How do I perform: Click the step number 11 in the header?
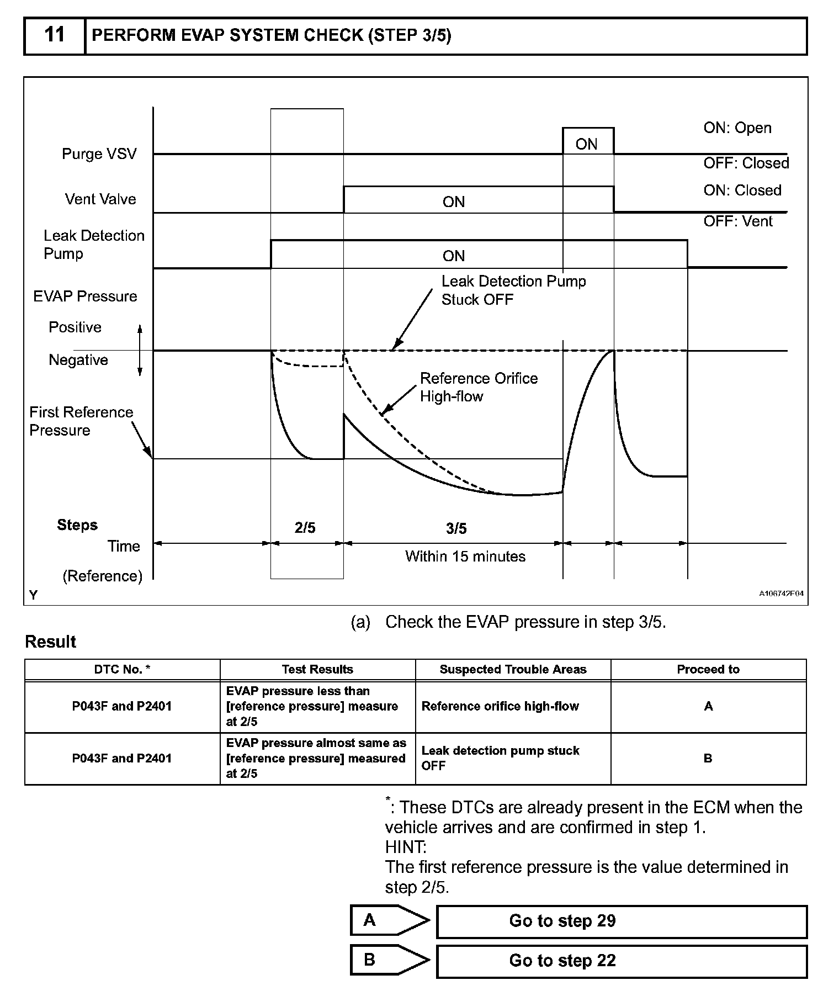[x=54, y=35]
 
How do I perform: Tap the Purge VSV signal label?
[x=99, y=153]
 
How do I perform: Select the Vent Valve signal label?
[x=100, y=199]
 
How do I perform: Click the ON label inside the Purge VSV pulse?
[x=586, y=144]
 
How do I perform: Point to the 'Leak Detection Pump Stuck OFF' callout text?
[x=513, y=290]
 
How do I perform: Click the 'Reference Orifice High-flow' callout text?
[x=478, y=387]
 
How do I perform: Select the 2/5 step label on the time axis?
[x=305, y=528]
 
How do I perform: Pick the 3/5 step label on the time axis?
[x=456, y=529]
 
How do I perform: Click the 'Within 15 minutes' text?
[x=465, y=556]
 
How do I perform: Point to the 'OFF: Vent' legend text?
[x=737, y=221]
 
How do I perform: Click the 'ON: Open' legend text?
[x=737, y=128]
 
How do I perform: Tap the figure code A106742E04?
[x=780, y=594]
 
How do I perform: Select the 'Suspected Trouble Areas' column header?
[x=513, y=669]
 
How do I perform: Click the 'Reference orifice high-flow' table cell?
[x=500, y=706]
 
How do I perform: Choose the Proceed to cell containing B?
[x=708, y=758]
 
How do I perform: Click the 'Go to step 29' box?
[x=622, y=921]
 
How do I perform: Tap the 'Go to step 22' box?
[x=622, y=961]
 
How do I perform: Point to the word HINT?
[x=406, y=847]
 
